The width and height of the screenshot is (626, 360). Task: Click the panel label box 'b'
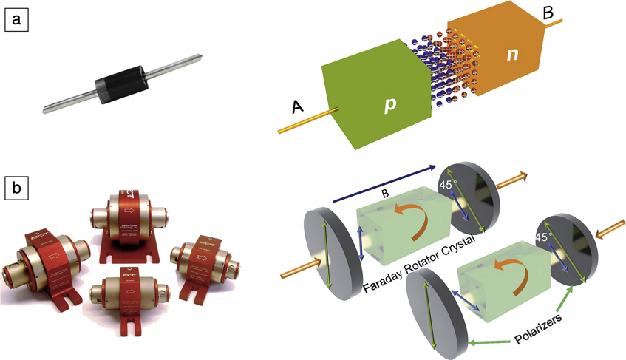[16, 190]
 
